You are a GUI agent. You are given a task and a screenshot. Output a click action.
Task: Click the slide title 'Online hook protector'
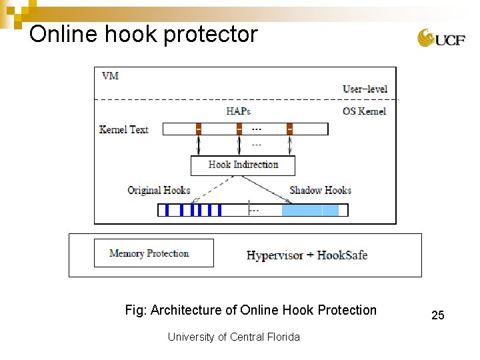(143, 34)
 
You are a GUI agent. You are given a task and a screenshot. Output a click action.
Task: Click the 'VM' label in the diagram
(110, 75)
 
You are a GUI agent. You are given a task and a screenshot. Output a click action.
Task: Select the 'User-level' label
(365, 89)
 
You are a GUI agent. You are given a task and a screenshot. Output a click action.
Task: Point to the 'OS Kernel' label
(364, 111)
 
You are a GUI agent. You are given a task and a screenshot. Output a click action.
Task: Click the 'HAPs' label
(238, 111)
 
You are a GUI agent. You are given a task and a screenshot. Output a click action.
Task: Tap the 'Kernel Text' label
(124, 129)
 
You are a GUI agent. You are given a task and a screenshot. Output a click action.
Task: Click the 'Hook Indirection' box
(243, 165)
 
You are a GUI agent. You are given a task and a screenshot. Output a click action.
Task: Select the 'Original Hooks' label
(159, 191)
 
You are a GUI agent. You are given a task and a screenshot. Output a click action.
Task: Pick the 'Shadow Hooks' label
(320, 191)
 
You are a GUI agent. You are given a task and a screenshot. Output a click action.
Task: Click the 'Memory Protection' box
(153, 253)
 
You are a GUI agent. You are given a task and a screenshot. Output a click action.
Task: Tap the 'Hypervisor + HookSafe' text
(307, 255)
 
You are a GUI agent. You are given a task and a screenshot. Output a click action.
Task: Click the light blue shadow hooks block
(310, 210)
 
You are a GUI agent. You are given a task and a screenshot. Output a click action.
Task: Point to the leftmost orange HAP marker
(198, 129)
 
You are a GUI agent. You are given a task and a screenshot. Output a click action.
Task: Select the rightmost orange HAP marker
(289, 129)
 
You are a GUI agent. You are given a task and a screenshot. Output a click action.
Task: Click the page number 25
(437, 315)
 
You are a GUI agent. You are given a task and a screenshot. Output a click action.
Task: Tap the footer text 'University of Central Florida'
(233, 337)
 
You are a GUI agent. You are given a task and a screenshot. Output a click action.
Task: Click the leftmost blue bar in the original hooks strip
(167, 210)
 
